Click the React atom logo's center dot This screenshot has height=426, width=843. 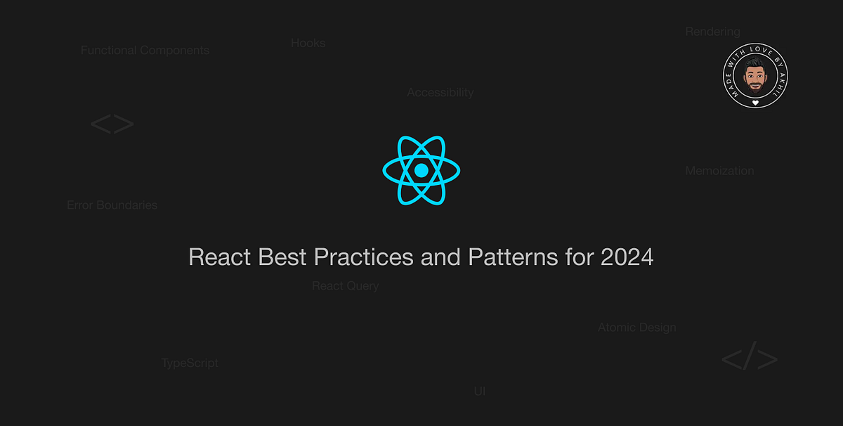pyautogui.click(x=421, y=170)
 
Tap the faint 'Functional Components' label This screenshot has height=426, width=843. pyautogui.click(x=145, y=51)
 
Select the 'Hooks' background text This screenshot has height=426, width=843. pyautogui.click(x=308, y=43)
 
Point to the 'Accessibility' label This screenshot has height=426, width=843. pyautogui.click(x=440, y=92)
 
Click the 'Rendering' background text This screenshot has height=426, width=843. pyautogui.click(x=712, y=32)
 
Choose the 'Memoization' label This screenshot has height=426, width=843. pyautogui.click(x=719, y=170)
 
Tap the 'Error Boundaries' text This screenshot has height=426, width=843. pyautogui.click(x=112, y=205)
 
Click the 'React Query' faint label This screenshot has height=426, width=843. pyautogui.click(x=345, y=285)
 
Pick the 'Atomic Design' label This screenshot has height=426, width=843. pyautogui.click(x=636, y=328)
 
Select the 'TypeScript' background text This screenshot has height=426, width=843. pyautogui.click(x=190, y=363)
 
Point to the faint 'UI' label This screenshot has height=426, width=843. pyautogui.click(x=479, y=391)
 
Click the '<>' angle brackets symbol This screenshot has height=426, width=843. pyautogui.click(x=112, y=125)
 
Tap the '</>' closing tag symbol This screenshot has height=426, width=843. pyautogui.click(x=749, y=360)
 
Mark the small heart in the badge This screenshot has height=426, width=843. pyautogui.click(x=755, y=103)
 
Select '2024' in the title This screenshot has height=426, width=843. pyautogui.click(x=627, y=257)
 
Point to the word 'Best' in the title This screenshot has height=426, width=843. pyautogui.click(x=283, y=257)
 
